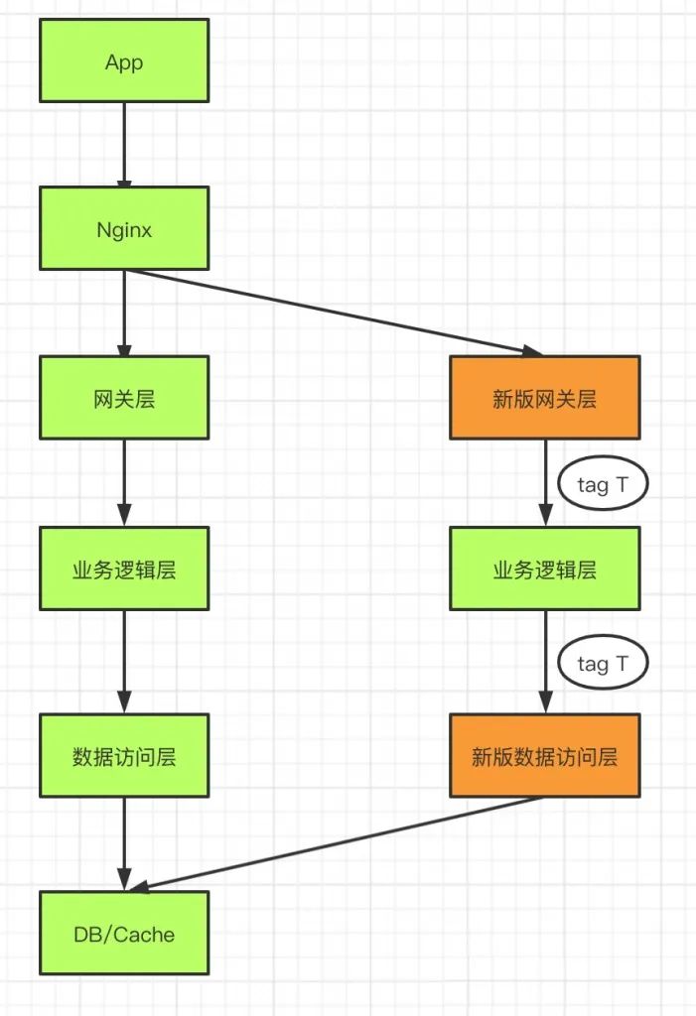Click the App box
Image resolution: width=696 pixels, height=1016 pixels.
coord(124,62)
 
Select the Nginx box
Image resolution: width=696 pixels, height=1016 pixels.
coord(124,228)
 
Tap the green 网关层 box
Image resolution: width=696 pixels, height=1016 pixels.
coord(124,398)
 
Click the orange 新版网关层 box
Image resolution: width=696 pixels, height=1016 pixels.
coord(544,398)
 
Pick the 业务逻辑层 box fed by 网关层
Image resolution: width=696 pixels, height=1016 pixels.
coord(124,569)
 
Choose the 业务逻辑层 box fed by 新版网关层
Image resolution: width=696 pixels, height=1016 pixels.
coord(544,569)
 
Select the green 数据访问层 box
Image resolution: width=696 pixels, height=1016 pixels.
coord(124,755)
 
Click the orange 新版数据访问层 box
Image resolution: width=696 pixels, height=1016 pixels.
coord(544,755)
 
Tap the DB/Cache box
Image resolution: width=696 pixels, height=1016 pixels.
coord(124,933)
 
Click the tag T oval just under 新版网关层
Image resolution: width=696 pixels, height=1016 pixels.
coord(600,484)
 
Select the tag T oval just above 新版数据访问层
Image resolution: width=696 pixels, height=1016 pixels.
coord(600,662)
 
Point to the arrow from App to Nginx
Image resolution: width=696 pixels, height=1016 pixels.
coord(124,144)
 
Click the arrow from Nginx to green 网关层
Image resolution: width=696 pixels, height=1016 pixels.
coord(124,313)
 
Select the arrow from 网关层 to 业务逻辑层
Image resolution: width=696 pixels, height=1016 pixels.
coord(124,482)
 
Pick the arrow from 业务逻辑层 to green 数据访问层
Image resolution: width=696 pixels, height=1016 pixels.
coord(124,661)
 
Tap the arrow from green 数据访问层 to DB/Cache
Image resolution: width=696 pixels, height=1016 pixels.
coord(124,843)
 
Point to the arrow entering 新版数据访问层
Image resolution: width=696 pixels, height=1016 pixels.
coord(545,661)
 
